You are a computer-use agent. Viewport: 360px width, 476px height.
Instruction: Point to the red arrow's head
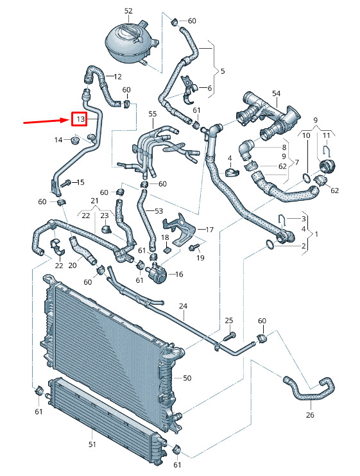coord(67,121)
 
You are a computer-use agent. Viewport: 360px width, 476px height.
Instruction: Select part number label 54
coord(276,94)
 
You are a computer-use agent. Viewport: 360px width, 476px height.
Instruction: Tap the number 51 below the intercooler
coord(92,445)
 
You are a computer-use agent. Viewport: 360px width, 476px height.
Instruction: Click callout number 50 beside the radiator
coord(187,378)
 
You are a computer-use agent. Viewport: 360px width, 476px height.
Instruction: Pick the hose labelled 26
coord(309,389)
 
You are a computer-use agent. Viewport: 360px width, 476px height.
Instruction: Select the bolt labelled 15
coord(66,183)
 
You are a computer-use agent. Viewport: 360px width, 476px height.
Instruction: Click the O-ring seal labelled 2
coord(270,244)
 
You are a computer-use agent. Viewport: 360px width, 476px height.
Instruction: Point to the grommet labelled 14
coord(74,140)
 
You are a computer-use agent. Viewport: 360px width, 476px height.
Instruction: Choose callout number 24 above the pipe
coord(183,306)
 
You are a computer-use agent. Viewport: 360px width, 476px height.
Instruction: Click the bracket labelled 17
coord(180,230)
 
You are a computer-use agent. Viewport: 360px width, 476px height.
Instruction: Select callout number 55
coord(152,114)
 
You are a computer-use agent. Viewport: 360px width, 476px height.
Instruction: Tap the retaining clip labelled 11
coord(326,151)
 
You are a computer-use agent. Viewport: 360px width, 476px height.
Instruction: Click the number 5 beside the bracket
coord(223,71)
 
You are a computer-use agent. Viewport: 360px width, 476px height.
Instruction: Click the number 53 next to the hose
coord(159,211)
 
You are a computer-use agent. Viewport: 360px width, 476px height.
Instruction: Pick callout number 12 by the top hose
coord(117,76)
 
